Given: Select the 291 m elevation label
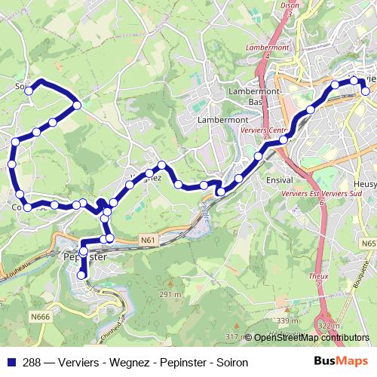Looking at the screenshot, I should click(170, 294).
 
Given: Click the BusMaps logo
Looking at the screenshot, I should click(342, 361).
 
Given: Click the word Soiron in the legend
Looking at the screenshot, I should click(231, 362).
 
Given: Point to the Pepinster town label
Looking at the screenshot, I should click(84, 257).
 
